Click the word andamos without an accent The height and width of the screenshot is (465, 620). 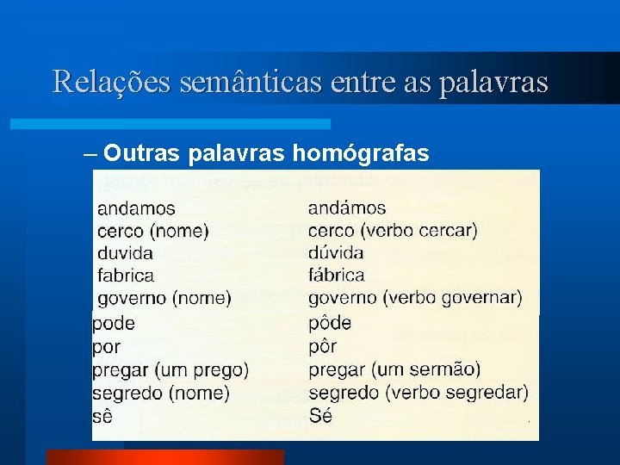(136, 208)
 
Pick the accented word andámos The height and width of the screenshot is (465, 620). (347, 208)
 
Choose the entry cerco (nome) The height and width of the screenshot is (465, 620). (153, 231)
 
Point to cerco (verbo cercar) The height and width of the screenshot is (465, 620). (393, 231)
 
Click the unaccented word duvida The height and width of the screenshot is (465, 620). (126, 253)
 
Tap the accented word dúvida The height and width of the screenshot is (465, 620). (336, 253)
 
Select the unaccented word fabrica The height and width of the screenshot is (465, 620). (126, 276)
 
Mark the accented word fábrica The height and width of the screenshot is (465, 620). (337, 276)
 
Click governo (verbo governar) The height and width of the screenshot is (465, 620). (415, 298)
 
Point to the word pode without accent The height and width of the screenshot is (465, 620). (114, 324)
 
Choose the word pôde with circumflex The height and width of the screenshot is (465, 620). (330, 324)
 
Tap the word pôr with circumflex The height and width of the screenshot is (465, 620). (322, 347)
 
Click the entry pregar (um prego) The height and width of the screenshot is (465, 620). (170, 370)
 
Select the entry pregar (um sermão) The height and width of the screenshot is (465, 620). (394, 370)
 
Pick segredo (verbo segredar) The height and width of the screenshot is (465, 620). (418, 393)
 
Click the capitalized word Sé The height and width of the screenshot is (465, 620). (320, 416)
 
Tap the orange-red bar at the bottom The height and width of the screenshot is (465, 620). (164, 457)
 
